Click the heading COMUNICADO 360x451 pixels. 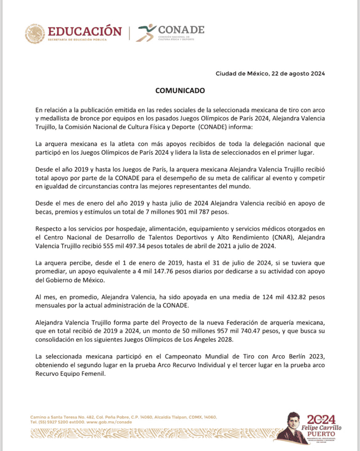click(x=180, y=90)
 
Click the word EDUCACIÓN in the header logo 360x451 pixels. click(x=85, y=32)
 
